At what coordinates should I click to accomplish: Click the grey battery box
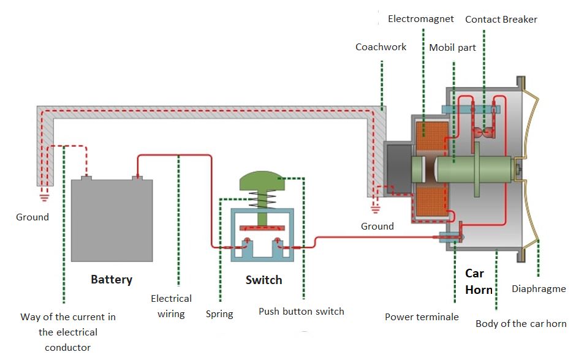112,219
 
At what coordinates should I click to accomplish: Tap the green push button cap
262,181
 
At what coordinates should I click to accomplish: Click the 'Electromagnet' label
421,19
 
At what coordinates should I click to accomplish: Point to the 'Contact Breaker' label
501,20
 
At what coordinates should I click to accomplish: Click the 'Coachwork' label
381,47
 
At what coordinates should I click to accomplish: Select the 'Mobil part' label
452,47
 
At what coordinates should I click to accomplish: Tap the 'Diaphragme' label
539,288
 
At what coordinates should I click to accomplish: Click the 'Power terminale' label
422,317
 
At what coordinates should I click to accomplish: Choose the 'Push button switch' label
301,311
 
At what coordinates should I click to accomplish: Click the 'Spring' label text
219,314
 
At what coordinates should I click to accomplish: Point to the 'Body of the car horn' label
521,323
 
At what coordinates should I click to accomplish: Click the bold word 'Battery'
112,279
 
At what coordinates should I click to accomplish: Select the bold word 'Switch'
263,280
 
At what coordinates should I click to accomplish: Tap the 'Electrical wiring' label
172,306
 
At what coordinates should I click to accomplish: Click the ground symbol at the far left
44,197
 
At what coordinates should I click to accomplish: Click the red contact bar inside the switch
262,228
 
